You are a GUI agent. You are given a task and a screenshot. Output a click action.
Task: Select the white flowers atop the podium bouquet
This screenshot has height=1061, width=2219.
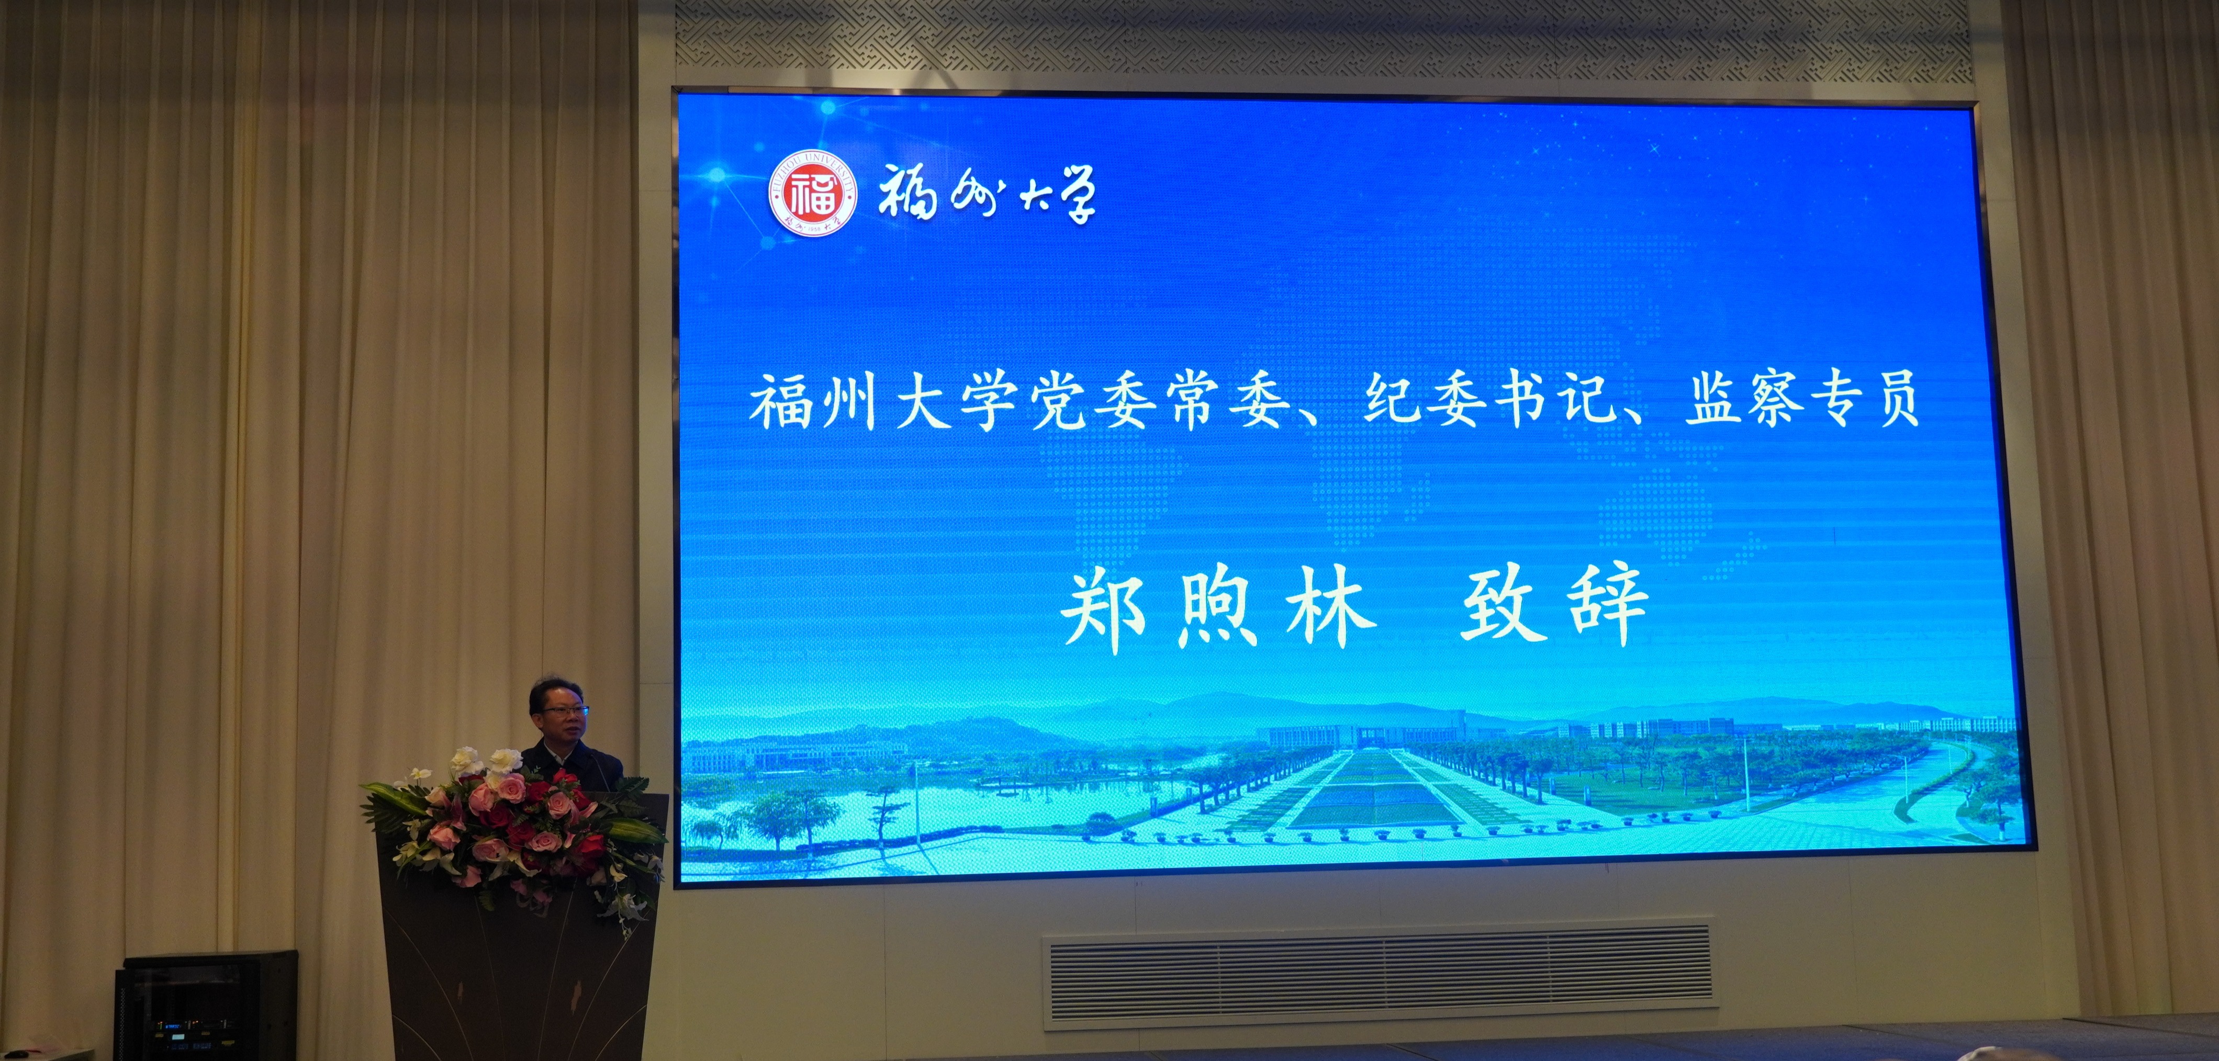(483, 762)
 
